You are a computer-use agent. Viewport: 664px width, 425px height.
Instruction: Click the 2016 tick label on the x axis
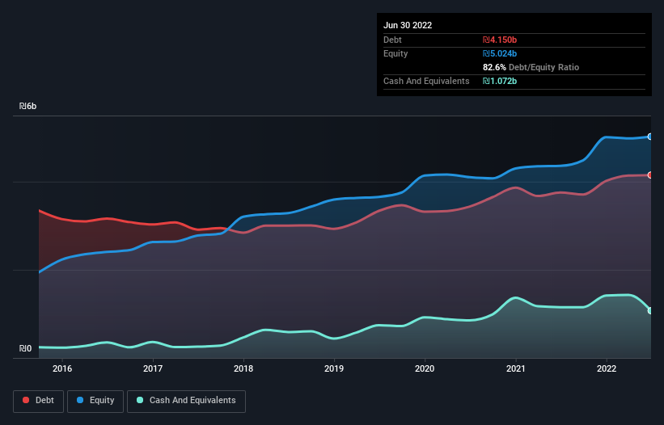(62, 368)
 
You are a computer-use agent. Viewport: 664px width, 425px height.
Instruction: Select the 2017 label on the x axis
(153, 368)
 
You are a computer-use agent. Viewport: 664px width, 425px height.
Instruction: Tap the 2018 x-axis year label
(243, 368)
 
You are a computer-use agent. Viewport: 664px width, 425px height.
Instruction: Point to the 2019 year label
(334, 368)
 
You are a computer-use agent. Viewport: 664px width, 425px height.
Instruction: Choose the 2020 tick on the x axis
(425, 368)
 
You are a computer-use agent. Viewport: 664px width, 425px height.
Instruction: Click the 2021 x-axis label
(515, 368)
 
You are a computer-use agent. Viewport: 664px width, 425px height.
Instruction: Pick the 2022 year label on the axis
(607, 368)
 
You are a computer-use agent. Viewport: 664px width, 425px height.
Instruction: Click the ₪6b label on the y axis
(28, 107)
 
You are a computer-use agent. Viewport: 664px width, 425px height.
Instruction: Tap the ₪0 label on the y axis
(26, 349)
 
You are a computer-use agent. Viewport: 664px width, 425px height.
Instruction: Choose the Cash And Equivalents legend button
(186, 401)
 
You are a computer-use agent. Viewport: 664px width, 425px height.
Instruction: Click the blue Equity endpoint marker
(649, 137)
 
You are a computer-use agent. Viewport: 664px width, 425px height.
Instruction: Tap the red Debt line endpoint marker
(649, 175)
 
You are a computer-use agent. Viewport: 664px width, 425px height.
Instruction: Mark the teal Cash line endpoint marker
(649, 310)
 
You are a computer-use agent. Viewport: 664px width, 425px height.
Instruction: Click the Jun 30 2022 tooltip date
(408, 25)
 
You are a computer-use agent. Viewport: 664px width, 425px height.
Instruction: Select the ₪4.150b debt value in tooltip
(499, 40)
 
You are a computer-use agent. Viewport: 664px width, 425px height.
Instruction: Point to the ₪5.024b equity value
(499, 53)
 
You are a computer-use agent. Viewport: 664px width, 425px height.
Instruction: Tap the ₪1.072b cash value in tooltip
(499, 81)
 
